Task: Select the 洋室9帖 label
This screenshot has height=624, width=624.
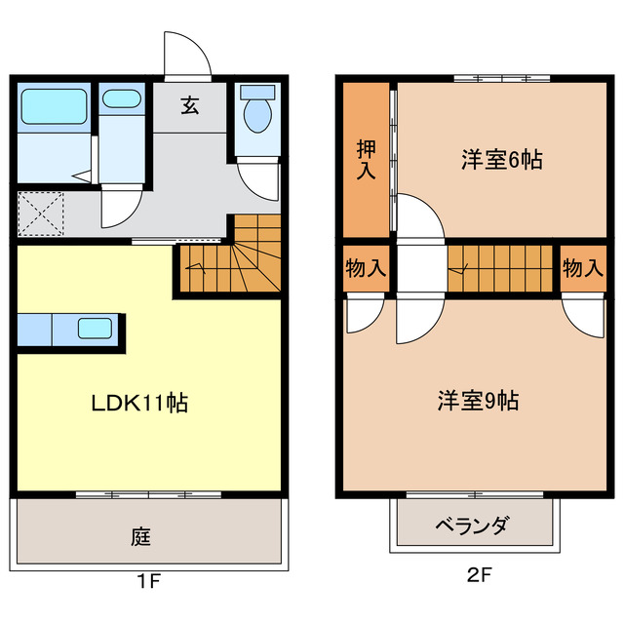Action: [477, 400]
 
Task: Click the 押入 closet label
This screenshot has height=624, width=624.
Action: [366, 160]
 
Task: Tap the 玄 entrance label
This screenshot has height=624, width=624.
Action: [189, 106]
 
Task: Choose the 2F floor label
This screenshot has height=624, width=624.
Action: [478, 575]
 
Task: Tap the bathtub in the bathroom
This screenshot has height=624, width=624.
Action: [54, 103]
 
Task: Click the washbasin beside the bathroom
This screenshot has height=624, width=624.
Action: [121, 98]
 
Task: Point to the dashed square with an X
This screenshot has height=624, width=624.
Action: [40, 214]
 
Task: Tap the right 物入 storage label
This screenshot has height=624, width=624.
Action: [582, 268]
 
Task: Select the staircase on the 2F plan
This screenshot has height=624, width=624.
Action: [503, 266]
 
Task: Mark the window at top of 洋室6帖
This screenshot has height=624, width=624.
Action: [501, 78]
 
